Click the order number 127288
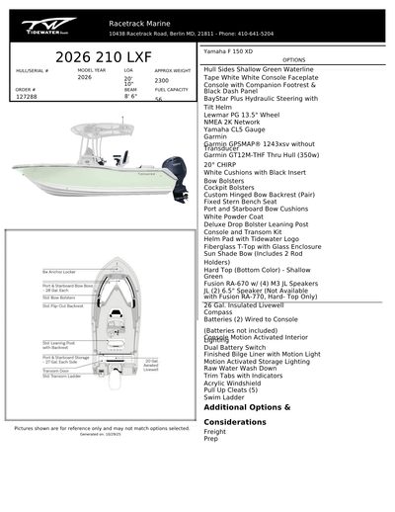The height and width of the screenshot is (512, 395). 28,97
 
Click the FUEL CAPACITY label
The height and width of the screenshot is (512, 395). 171,89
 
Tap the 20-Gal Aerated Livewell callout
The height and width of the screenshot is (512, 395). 151,364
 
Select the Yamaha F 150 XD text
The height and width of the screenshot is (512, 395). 228,49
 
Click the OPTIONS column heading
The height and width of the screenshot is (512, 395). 294,59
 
